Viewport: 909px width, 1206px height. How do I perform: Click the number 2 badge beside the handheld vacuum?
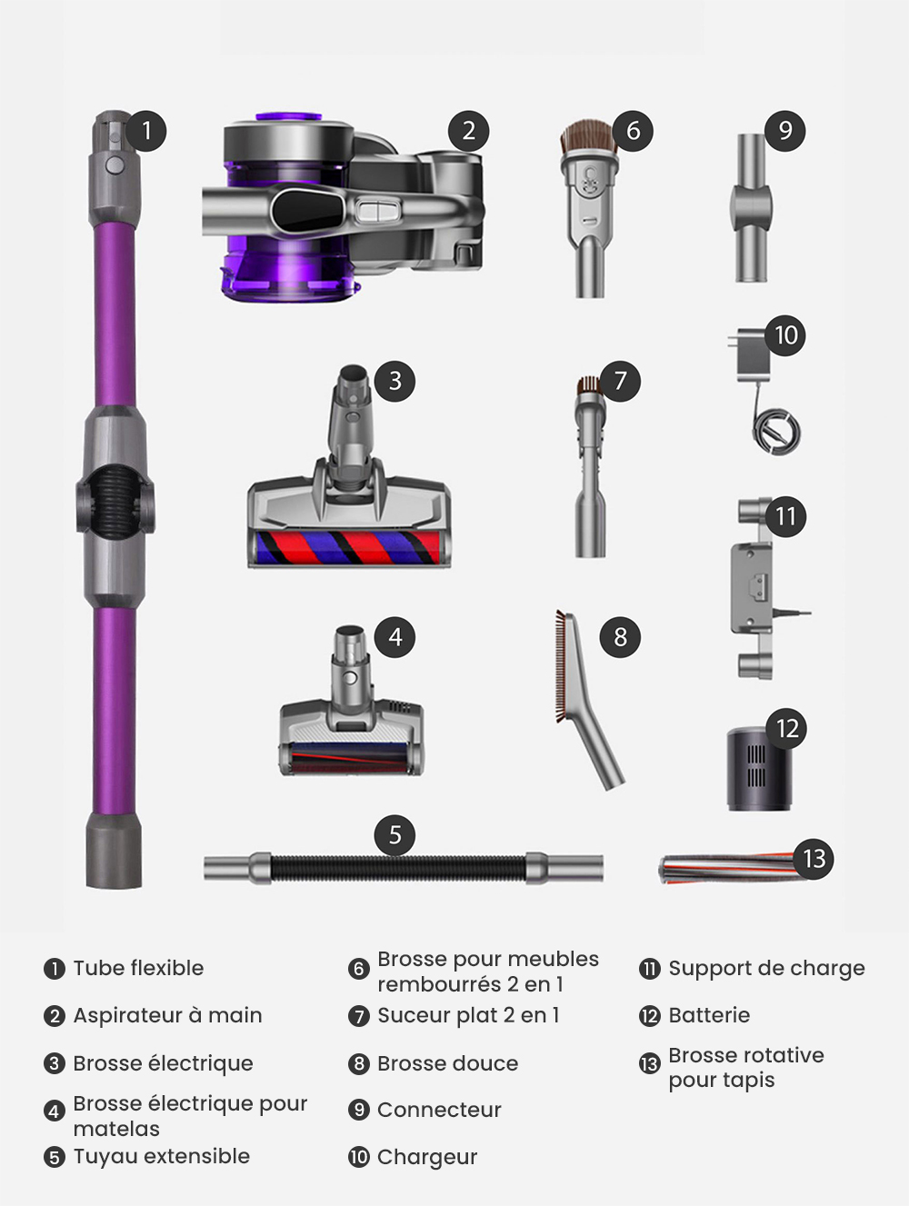tap(468, 131)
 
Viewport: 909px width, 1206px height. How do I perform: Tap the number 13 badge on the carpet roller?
tap(814, 859)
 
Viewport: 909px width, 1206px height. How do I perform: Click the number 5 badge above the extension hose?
tap(395, 835)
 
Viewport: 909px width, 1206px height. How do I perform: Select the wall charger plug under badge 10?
tap(751, 358)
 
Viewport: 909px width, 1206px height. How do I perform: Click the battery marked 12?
tap(755, 769)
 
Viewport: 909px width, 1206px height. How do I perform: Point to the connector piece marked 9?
tap(751, 209)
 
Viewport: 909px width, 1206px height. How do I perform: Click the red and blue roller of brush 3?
tap(349, 549)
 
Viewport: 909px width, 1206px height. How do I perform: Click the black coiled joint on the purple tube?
tap(115, 501)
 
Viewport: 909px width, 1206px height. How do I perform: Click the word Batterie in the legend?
tap(709, 1015)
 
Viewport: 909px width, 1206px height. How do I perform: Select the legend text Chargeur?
tap(426, 1157)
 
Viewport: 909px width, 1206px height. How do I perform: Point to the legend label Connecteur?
tap(439, 1110)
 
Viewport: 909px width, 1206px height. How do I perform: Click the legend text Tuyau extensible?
tap(161, 1156)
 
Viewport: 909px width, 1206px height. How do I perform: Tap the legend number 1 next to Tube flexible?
tap(55, 969)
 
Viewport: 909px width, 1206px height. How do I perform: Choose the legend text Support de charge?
tap(766, 968)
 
